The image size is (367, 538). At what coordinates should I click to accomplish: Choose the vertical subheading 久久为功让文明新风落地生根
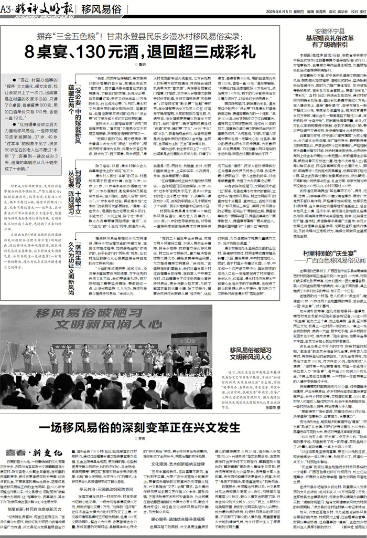click(x=70, y=258)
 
